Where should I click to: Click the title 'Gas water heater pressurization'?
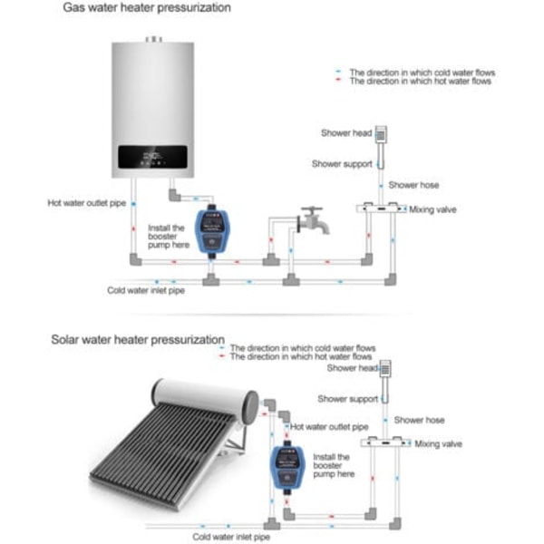[146, 7]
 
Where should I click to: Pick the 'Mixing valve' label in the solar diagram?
[438, 444]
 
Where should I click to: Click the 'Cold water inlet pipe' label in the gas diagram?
[146, 291]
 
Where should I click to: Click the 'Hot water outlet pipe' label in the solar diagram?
[329, 426]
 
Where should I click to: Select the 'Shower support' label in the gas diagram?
[340, 164]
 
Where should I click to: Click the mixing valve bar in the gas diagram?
[380, 208]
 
